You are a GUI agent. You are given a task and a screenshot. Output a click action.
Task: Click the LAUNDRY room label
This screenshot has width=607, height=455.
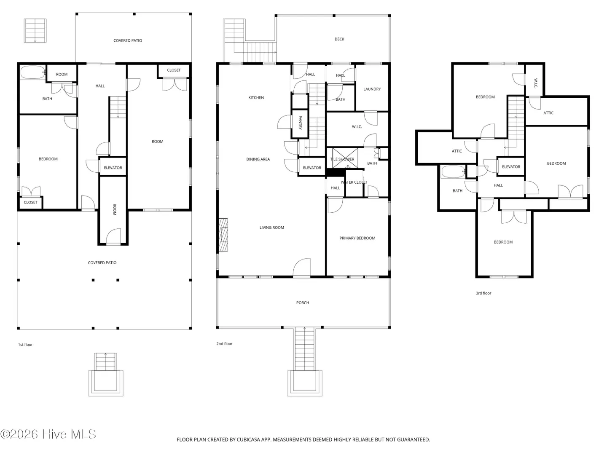(x=372, y=89)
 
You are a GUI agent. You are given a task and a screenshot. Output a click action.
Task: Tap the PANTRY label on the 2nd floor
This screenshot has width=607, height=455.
(x=300, y=122)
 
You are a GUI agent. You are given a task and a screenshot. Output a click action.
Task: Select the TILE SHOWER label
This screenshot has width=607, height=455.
(x=342, y=159)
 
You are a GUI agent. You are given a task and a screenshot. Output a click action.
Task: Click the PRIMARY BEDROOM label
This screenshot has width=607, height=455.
(x=357, y=238)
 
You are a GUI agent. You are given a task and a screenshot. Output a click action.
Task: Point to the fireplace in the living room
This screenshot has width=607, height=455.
(x=223, y=235)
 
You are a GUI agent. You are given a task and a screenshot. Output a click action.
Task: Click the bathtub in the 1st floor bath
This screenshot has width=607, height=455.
(x=33, y=72)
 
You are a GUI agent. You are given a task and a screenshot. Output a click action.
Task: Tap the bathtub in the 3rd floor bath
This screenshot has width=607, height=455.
(x=453, y=172)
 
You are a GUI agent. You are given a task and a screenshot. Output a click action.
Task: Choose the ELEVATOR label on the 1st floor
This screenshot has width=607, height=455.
(x=113, y=168)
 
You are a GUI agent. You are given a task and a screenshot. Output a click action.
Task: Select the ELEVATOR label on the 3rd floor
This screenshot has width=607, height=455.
(x=511, y=166)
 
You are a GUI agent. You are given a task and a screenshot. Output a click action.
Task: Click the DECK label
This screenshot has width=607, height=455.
(x=339, y=39)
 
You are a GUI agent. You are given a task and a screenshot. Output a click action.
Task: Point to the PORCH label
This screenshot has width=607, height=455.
(x=303, y=303)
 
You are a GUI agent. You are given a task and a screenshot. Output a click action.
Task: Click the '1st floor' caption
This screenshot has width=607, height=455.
(x=25, y=345)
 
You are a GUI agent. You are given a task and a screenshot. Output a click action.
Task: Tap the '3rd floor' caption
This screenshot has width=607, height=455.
(x=483, y=293)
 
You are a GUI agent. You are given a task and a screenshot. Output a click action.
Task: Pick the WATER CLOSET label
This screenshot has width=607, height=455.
(x=354, y=182)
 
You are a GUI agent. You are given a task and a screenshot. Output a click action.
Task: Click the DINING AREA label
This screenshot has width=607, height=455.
(x=258, y=159)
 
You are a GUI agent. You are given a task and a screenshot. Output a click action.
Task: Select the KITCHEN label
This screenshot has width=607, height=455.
(x=256, y=97)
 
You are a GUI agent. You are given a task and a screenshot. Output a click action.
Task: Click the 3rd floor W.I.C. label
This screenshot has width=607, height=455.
(x=536, y=83)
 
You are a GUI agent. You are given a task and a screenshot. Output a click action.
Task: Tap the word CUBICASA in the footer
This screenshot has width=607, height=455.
(x=248, y=439)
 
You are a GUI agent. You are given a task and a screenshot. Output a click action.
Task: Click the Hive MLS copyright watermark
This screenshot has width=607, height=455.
(x=48, y=434)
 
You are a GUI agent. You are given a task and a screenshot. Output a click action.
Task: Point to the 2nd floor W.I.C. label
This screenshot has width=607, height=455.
(x=357, y=127)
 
